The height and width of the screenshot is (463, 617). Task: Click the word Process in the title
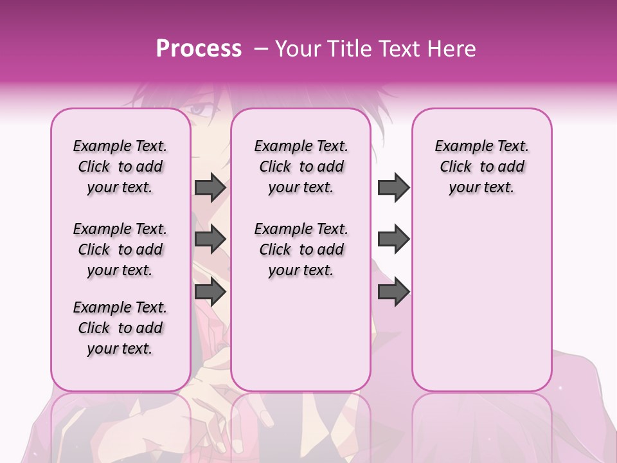tap(199, 49)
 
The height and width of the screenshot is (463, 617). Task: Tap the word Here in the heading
tap(452, 49)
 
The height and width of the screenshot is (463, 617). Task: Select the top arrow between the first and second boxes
tap(210, 187)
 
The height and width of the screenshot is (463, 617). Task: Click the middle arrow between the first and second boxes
tap(210, 239)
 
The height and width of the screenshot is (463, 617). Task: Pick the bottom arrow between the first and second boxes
tap(210, 292)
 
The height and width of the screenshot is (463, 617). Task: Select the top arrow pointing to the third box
tap(393, 187)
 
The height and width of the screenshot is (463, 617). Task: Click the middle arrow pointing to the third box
tap(393, 239)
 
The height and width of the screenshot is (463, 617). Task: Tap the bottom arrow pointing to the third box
tap(393, 292)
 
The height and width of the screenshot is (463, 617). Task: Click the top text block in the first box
tap(120, 167)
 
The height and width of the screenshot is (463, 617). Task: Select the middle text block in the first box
tap(120, 250)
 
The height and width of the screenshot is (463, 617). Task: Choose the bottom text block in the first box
tap(120, 328)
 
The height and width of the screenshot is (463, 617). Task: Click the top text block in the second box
tap(301, 167)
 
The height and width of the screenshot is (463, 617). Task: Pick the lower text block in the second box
tap(301, 250)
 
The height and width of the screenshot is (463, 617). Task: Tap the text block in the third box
tap(481, 167)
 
